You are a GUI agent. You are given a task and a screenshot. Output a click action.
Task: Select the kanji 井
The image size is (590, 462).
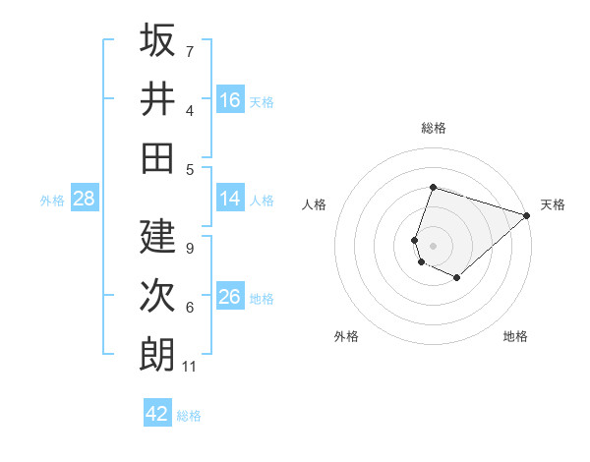(157, 98)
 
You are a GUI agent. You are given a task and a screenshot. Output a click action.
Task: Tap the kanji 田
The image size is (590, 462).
(157, 157)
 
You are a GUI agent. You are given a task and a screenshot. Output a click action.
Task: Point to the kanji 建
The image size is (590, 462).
(157, 236)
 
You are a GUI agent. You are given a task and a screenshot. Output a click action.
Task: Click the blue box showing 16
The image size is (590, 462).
(230, 100)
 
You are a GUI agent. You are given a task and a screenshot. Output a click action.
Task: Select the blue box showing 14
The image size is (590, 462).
(230, 199)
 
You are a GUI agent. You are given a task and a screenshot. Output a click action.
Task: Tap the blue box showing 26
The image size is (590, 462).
(230, 297)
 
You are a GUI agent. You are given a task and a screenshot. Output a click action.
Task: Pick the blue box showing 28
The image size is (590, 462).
(85, 199)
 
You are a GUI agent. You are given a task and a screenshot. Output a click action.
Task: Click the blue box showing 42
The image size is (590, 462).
(157, 414)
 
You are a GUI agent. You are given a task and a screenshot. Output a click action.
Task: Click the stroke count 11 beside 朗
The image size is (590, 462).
(190, 367)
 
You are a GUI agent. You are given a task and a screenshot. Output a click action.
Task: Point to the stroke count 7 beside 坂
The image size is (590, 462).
(190, 51)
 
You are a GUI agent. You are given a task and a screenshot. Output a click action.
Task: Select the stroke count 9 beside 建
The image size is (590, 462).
(189, 249)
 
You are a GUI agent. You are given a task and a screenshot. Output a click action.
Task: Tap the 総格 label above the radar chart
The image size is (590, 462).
(433, 128)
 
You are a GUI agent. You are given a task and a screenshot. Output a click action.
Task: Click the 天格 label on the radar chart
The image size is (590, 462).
(554, 204)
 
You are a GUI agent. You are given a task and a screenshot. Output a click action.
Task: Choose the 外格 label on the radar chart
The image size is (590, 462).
(346, 336)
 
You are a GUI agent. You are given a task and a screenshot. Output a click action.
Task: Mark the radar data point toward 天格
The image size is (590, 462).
(528, 214)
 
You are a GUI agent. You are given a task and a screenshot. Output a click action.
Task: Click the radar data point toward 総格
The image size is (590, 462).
(433, 187)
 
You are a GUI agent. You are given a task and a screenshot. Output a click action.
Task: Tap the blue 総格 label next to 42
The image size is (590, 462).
(189, 415)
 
